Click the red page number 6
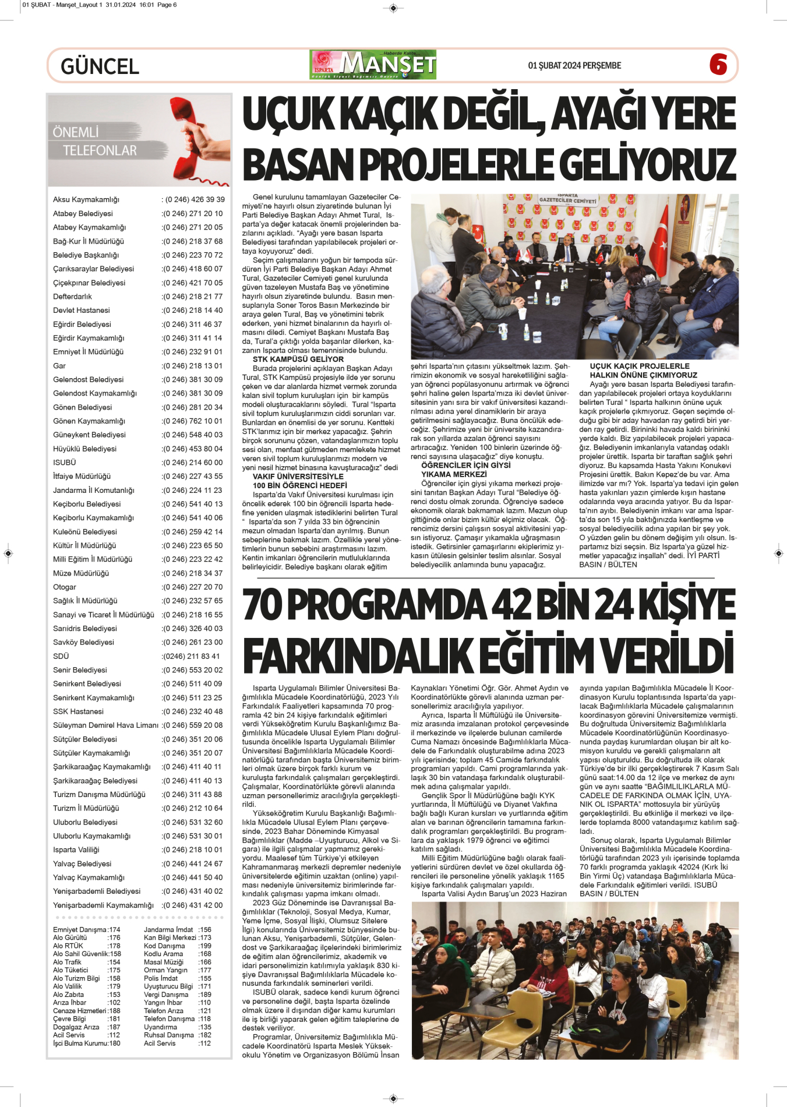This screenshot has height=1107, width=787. (718, 65)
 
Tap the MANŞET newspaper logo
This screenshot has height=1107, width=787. (373, 65)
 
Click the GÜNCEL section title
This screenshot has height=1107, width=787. (100, 66)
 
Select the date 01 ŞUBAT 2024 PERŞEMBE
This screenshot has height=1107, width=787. (574, 65)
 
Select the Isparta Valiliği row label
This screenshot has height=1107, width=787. (76, 850)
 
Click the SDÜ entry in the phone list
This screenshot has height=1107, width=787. (61, 656)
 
